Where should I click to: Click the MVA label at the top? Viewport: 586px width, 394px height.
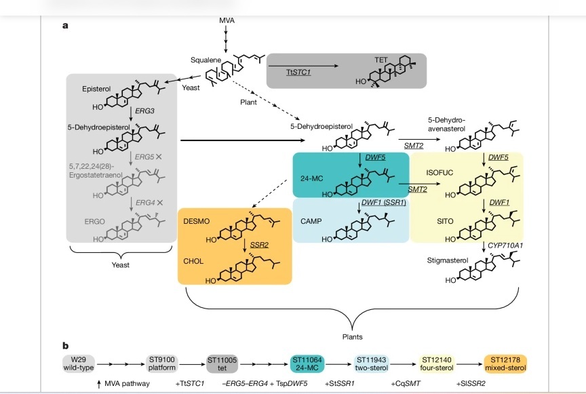click(227, 21)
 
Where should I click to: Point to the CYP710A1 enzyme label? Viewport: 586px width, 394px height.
click(505, 244)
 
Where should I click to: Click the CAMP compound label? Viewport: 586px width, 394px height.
click(310, 222)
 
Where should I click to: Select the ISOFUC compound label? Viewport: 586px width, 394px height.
click(439, 173)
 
